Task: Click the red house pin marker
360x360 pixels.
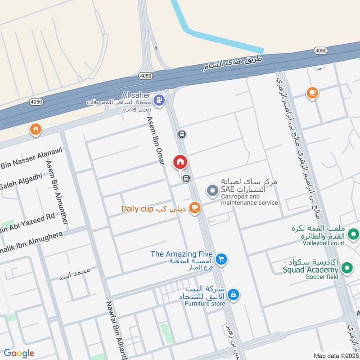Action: (x=180, y=162)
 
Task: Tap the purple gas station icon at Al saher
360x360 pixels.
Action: (x=158, y=99)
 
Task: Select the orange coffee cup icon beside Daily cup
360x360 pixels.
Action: (x=194, y=207)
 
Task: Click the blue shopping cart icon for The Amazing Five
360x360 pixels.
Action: (x=220, y=259)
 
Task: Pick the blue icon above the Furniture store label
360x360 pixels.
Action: (x=233, y=295)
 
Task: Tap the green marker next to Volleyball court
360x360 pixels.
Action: (x=353, y=234)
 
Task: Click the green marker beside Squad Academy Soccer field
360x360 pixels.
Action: (x=347, y=269)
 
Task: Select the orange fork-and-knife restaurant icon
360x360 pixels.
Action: (x=36, y=130)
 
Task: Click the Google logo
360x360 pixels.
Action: (x=19, y=353)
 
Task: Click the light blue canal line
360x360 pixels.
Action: (x=216, y=39)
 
